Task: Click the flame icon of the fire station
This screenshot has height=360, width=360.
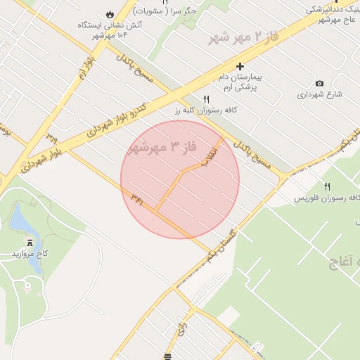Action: [110, 14]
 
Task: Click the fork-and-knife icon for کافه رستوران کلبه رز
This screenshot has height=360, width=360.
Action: [206, 100]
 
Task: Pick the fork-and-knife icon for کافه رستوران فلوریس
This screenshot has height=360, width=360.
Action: [327, 186]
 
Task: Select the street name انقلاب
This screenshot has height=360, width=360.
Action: [210, 152]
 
